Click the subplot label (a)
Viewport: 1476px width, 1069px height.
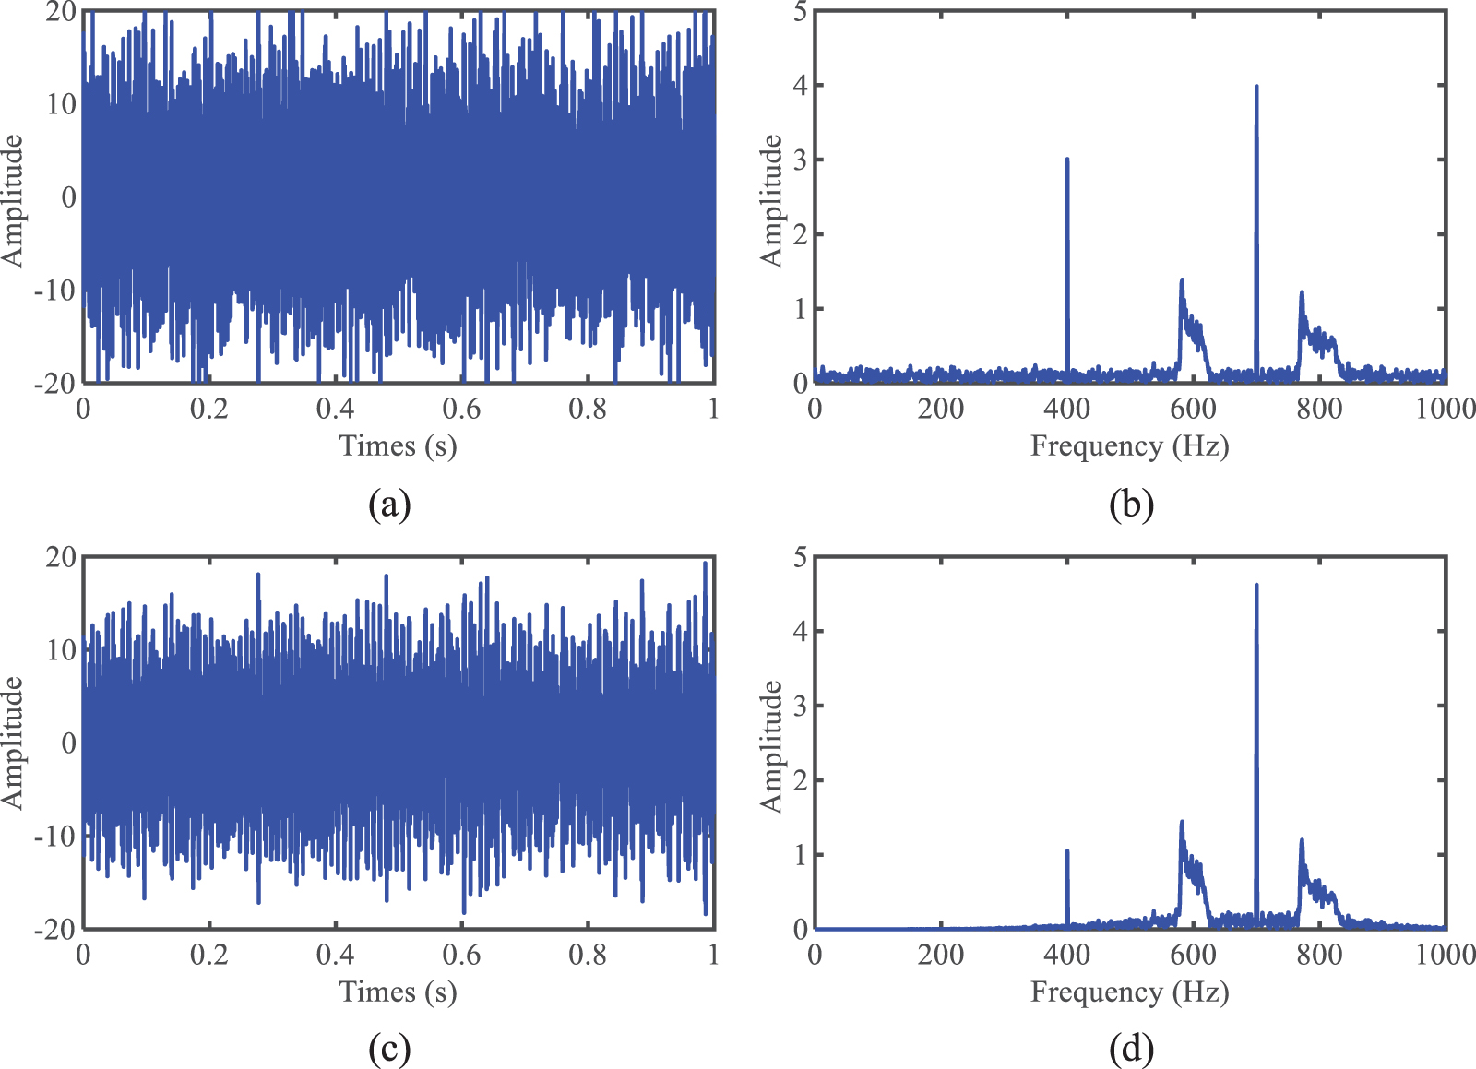pyautogui.click(x=388, y=505)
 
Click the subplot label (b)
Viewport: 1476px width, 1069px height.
pyautogui.click(x=1131, y=505)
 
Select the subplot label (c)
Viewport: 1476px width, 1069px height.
pyautogui.click(x=388, y=1049)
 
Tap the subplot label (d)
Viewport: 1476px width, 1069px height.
pyautogui.click(x=1131, y=1049)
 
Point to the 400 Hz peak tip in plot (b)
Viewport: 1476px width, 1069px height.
pyautogui.click(x=1067, y=160)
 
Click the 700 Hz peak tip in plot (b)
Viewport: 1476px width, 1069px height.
pyautogui.click(x=1256, y=87)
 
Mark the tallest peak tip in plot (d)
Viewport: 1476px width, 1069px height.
pyautogui.click(x=1256, y=585)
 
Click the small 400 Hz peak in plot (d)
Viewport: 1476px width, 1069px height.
pyautogui.click(x=1067, y=851)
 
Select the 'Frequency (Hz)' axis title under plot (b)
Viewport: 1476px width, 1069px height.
pyautogui.click(x=1129, y=446)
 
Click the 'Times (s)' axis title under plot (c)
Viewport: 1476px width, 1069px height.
pyautogui.click(x=398, y=992)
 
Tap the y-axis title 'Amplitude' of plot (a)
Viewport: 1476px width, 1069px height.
pyautogui.click(x=13, y=200)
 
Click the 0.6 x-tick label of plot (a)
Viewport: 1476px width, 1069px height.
pyautogui.click(x=461, y=409)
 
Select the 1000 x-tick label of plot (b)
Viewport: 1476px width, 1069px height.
pyautogui.click(x=1445, y=409)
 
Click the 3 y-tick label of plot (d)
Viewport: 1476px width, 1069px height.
pyautogui.click(x=800, y=706)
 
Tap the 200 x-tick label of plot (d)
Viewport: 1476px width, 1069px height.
pyautogui.click(x=940, y=955)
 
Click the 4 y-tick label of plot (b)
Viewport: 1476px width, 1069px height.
pyautogui.click(x=800, y=86)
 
